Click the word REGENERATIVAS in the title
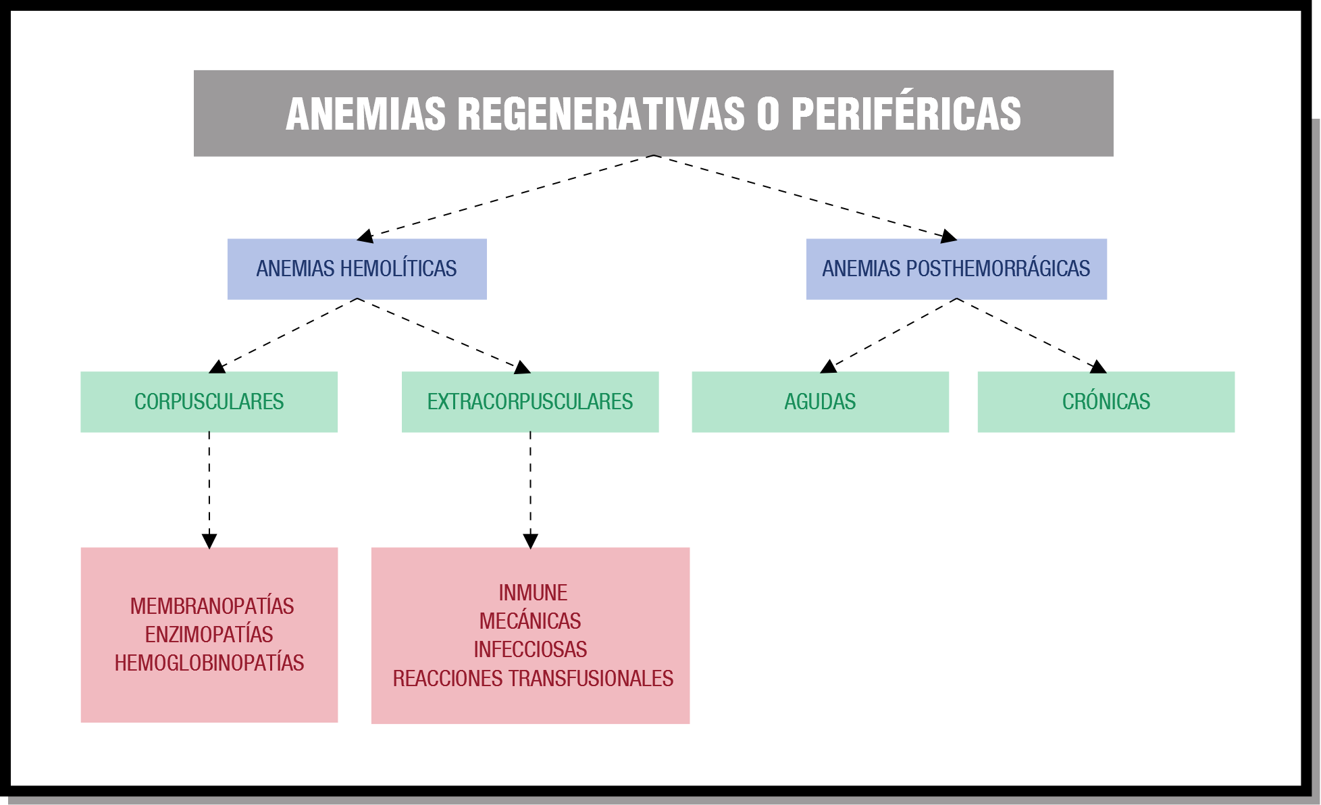pos(601,113)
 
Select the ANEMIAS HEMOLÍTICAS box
pos(357,269)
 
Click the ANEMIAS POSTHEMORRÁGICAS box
pos(956,269)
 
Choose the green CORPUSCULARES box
pos(209,402)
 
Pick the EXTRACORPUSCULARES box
pos(530,402)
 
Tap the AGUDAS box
pos(820,402)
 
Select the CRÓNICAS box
pos(1106,402)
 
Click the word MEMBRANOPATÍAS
pos(212,605)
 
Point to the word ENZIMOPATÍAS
pos(209,634)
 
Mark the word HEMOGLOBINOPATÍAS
pos(209,663)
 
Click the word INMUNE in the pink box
pos(533,593)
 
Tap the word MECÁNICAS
pos(530,621)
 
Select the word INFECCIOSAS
pos(530,650)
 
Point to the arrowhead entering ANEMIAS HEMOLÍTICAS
pos(365,236)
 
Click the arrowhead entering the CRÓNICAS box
pos(1098,367)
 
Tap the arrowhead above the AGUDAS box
pos(829,367)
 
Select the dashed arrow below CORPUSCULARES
pos(209,490)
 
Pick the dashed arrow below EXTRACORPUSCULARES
pos(531,490)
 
